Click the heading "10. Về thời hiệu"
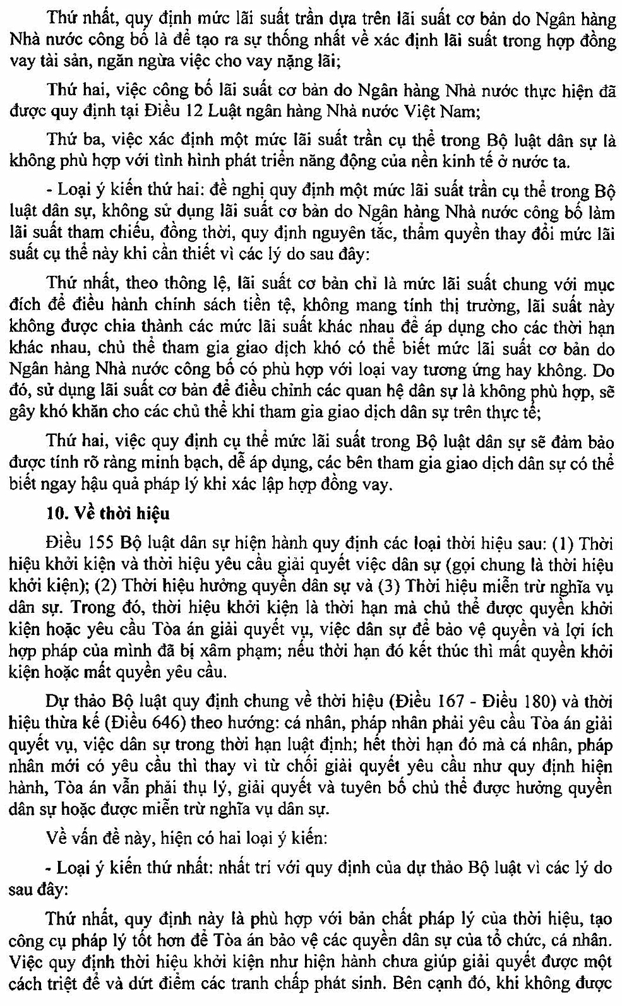pos(108,512)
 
